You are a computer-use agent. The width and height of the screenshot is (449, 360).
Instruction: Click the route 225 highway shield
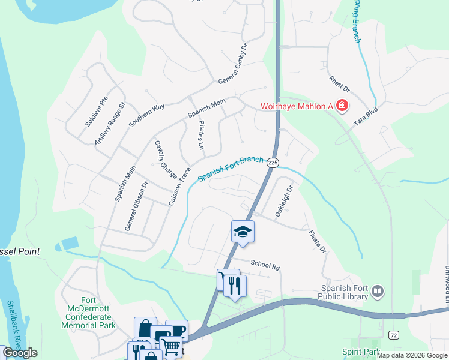tap(273, 163)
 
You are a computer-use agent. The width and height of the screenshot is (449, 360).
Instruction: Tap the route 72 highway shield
tap(393, 334)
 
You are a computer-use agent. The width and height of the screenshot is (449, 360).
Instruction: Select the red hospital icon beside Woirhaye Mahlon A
tap(342, 107)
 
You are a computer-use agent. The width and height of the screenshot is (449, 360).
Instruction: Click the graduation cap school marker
tap(243, 232)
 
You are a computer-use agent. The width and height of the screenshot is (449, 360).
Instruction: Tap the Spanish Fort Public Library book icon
tap(378, 292)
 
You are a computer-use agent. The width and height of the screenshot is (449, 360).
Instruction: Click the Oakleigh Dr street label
tap(283, 201)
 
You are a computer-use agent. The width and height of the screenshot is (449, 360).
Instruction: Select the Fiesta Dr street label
tap(317, 241)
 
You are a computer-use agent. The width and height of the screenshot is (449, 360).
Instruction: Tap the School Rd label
tap(265, 265)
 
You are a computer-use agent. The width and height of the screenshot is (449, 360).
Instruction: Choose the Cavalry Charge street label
tap(166, 160)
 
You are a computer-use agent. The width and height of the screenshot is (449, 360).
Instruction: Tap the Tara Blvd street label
tap(367, 113)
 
